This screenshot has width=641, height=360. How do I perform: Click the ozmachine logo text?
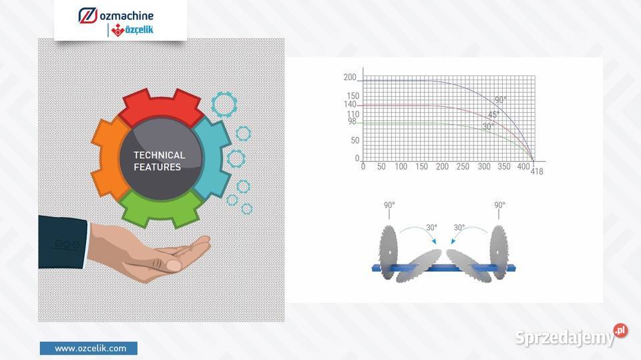click(x=127, y=16)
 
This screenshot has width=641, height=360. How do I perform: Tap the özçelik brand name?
click(x=139, y=29)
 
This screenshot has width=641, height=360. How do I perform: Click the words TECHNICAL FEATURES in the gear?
click(x=159, y=161)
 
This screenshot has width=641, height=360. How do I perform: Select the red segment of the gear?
click(x=162, y=106)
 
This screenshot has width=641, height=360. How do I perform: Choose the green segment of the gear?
click(x=161, y=208)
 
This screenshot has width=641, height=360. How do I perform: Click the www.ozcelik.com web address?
click(x=90, y=349)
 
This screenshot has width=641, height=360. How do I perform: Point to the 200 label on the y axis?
click(x=350, y=77)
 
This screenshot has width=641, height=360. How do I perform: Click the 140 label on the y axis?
click(x=350, y=104)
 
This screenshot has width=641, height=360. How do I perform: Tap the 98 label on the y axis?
click(x=352, y=121)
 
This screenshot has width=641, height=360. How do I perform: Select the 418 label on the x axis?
click(x=537, y=172)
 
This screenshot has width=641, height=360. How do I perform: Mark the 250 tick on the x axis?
click(x=462, y=166)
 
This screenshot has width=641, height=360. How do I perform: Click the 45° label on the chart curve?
click(x=493, y=115)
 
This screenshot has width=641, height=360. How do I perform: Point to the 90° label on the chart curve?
click(x=500, y=100)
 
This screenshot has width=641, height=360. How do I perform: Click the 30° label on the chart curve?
click(x=488, y=126)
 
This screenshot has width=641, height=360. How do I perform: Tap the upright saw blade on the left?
click(x=388, y=252)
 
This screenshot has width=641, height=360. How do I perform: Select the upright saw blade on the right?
click(x=499, y=252)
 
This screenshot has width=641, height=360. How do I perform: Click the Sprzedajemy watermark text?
click(x=565, y=337)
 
